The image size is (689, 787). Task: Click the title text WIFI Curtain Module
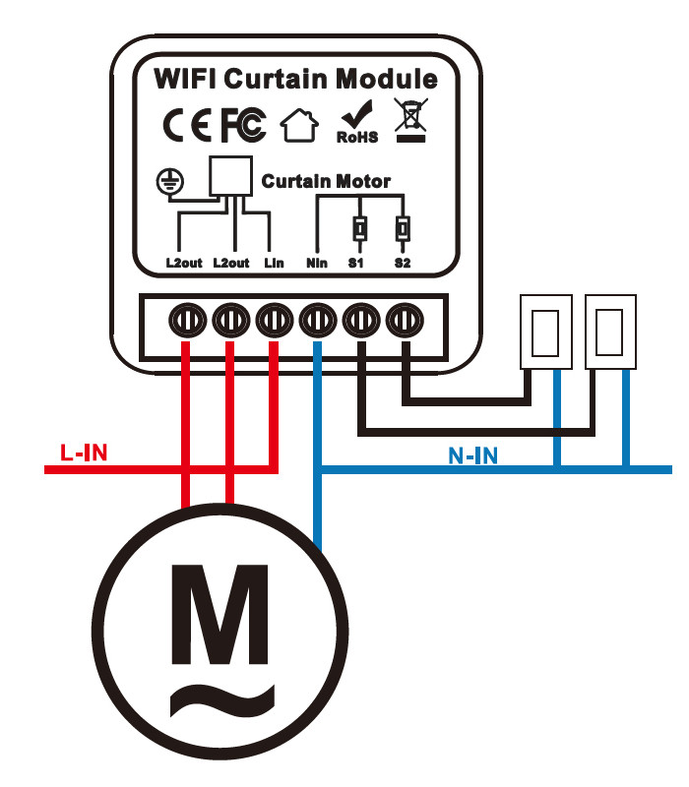[295, 78]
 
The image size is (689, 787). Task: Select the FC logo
[242, 125]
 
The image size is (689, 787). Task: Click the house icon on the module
[300, 125]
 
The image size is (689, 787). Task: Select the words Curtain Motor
[325, 182]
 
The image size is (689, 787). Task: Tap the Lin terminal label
[274, 264]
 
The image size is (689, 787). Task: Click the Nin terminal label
[316, 264]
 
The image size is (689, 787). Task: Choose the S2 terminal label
[402, 264]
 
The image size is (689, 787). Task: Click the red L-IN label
[84, 454]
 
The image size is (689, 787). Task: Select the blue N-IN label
[472, 455]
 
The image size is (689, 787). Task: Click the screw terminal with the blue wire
[317, 320]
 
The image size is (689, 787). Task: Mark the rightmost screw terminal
[404, 320]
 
